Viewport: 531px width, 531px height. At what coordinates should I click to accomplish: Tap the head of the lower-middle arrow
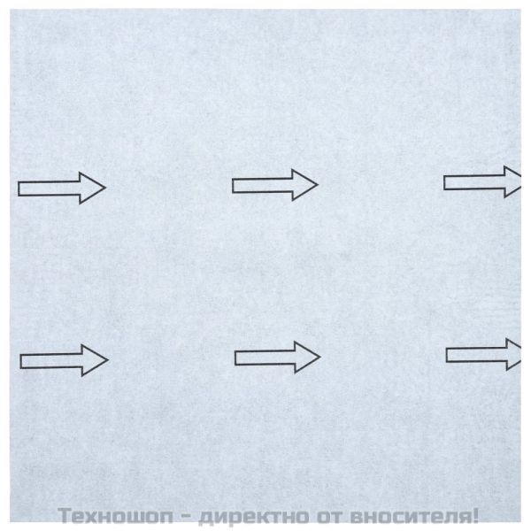point(307,357)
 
